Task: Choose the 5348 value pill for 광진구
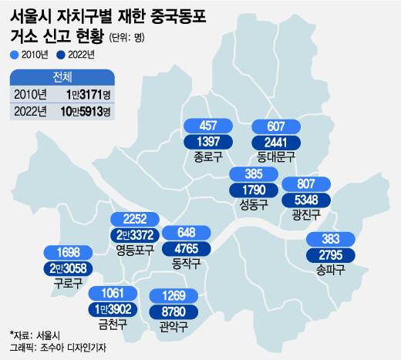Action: pos(306,200)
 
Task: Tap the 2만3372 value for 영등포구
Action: pos(136,234)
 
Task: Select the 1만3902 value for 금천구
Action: pos(113,308)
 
